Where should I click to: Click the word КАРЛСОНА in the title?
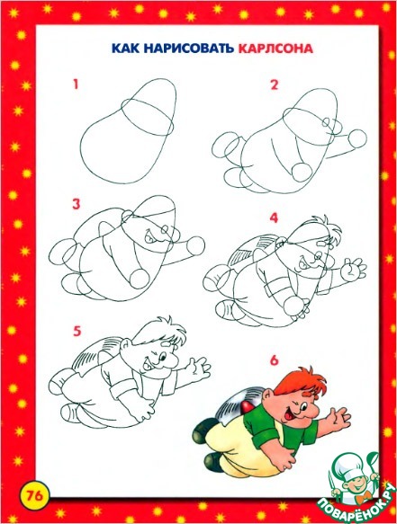275,49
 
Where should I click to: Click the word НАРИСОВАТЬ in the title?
189,49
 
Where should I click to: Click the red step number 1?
76,84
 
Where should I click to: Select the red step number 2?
275,84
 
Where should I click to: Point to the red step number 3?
77,204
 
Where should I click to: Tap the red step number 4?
274,218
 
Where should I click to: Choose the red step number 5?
77,331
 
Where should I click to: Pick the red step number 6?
275,360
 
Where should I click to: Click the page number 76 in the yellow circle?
35,495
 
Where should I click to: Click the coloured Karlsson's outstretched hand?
338,418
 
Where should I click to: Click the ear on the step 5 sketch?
125,346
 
